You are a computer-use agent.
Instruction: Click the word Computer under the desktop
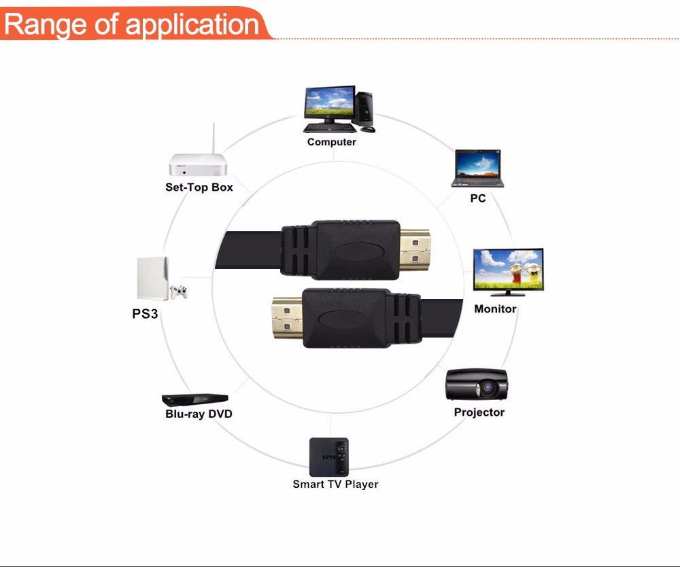[331, 142]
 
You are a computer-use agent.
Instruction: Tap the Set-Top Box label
[199, 187]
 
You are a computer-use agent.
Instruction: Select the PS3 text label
[145, 314]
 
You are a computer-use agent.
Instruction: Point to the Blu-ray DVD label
[199, 414]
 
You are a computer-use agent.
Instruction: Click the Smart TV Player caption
[335, 484]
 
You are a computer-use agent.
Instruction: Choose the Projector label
[479, 412]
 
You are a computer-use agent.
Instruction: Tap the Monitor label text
[495, 309]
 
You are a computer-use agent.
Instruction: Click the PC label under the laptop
[478, 198]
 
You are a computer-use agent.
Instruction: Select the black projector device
[477, 385]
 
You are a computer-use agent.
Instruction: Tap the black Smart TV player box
[330, 457]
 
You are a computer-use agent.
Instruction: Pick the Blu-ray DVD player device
[194, 399]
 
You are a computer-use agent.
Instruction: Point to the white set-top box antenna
[213, 140]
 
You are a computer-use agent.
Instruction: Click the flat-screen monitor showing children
[508, 270]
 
